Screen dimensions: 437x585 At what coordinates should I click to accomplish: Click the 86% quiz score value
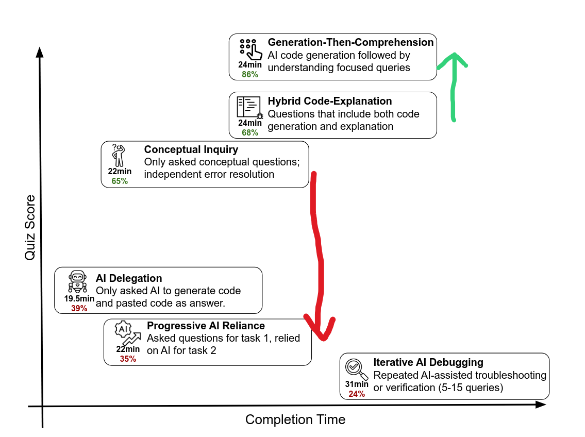tap(249, 74)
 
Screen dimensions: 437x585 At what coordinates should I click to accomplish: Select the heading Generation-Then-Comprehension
tap(350, 42)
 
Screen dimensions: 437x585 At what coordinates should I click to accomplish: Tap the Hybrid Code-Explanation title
tap(330, 101)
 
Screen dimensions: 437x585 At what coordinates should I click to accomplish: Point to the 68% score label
tap(249, 132)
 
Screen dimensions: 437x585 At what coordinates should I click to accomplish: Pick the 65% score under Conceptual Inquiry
tap(120, 181)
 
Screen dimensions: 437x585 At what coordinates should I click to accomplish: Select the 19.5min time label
tap(79, 299)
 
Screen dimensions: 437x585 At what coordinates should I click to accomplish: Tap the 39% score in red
tap(79, 308)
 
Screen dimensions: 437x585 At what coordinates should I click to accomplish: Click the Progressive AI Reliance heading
tap(206, 326)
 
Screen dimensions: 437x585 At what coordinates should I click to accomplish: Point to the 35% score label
tap(128, 359)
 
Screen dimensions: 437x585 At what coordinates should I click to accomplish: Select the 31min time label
tap(357, 384)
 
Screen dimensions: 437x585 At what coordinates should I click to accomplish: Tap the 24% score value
tap(357, 394)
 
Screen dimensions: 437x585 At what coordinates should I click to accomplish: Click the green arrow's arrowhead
tap(454, 58)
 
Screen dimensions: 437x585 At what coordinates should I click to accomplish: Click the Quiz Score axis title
tap(30, 227)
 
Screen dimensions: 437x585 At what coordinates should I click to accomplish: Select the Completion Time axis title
tap(295, 419)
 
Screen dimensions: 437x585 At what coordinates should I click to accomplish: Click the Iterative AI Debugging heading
tap(428, 362)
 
